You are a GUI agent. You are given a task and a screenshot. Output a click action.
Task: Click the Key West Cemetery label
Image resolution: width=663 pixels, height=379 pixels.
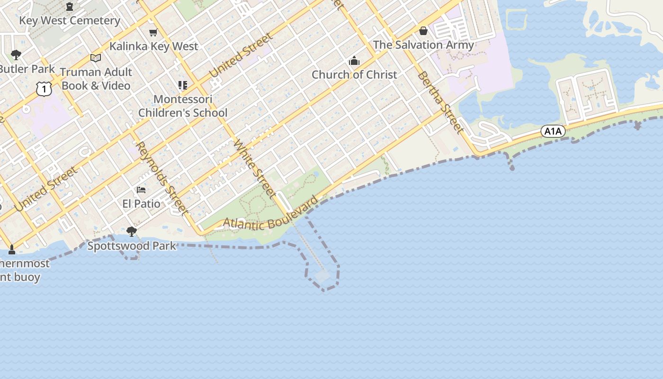pos(70,20)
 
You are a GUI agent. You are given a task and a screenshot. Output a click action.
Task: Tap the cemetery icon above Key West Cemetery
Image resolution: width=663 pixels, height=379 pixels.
pos(70,7)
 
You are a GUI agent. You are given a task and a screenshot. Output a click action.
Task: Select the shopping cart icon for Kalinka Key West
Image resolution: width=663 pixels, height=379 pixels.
pos(153,32)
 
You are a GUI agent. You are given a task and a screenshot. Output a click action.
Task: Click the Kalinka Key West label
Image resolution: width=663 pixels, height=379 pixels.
pos(154,46)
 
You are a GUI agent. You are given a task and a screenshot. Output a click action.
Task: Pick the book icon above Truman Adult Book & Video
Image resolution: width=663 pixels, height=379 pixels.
pos(96,58)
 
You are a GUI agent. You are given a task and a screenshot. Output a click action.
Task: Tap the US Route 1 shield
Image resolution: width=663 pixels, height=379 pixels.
pos(44,89)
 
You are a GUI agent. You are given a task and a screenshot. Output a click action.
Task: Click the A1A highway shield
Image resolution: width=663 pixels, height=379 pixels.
pos(553,131)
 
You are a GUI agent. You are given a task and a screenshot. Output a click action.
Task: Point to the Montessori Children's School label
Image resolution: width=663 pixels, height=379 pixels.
pos(183,106)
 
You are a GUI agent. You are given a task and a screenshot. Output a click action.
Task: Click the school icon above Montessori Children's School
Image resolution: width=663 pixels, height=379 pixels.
pos(183,85)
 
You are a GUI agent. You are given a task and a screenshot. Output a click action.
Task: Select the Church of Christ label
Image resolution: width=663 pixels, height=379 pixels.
pos(354,74)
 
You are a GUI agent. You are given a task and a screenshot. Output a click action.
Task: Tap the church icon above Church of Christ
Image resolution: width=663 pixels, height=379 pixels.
pos(354,61)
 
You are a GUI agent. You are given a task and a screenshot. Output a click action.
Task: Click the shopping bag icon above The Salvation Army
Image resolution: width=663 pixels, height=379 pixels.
pos(423,31)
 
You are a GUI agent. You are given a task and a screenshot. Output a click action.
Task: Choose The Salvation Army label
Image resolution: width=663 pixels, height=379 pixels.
pos(423,45)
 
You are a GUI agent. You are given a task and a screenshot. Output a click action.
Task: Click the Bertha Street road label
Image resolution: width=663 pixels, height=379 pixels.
pos(440,102)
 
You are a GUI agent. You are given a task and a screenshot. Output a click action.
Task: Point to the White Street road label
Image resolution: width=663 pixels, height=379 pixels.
pos(255,168)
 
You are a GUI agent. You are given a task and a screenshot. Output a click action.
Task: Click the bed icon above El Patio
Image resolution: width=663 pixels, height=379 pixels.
pos(141,190)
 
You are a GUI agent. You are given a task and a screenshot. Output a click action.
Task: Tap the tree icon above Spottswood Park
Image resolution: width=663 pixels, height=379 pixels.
pos(132,232)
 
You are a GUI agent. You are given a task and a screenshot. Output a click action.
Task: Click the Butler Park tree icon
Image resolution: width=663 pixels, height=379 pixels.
pos(16,55)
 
